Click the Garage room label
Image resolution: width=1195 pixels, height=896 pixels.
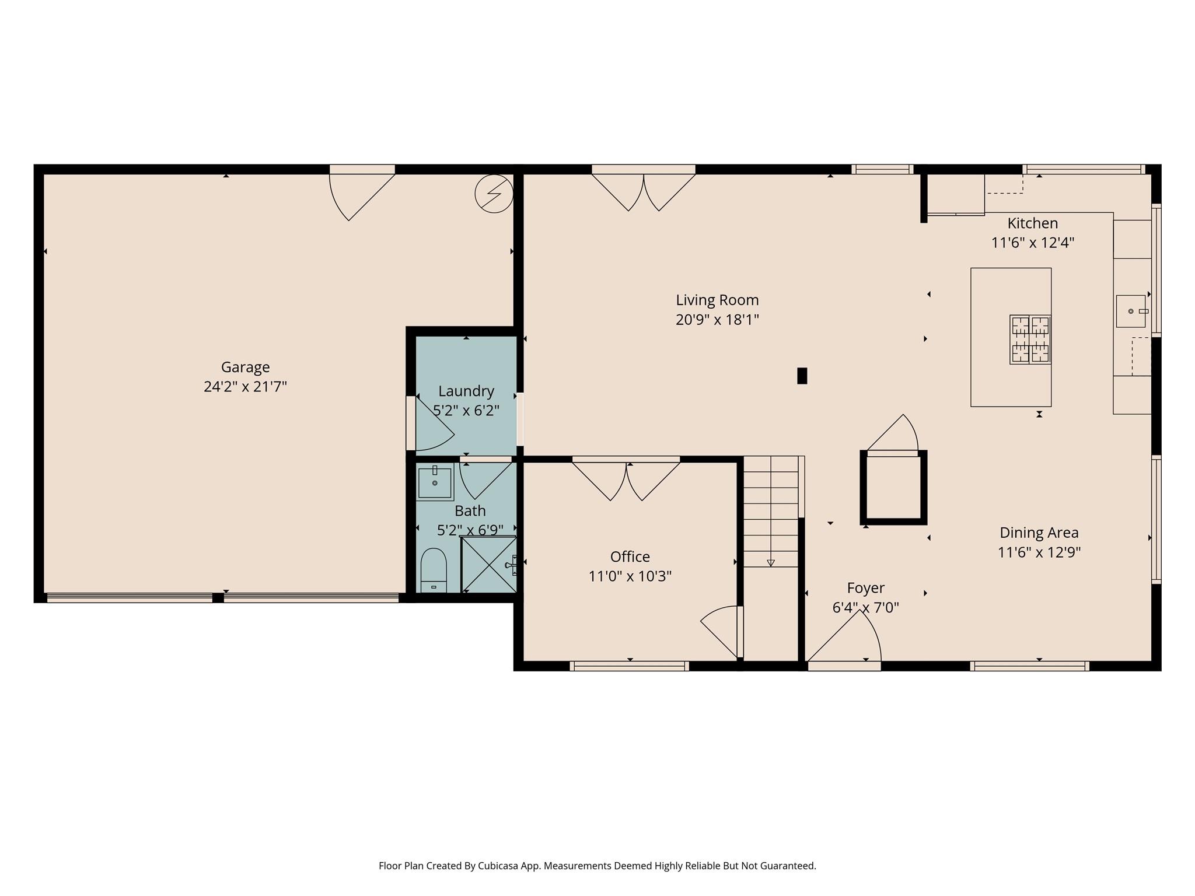(245, 367)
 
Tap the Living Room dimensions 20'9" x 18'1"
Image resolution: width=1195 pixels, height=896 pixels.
(717, 320)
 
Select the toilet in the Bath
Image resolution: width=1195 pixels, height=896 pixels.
(434, 569)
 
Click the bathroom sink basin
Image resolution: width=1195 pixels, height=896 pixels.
(435, 483)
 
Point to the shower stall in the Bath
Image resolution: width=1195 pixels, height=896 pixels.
(488, 564)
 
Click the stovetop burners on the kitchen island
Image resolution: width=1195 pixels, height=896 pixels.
(1030, 339)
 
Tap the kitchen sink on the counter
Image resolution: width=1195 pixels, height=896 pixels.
(1131, 311)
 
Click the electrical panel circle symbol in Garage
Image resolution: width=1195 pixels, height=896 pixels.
(494, 193)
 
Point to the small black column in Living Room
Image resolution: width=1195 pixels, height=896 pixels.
(802, 376)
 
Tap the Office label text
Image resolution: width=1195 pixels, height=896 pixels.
(630, 556)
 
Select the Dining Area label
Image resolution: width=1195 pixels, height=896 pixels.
(1039, 533)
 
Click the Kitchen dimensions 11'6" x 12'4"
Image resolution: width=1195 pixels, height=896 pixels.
(1032, 243)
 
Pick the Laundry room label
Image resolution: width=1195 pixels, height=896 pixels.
(466, 391)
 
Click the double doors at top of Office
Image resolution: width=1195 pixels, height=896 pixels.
(626, 480)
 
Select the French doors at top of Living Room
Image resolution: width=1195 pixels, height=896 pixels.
(644, 190)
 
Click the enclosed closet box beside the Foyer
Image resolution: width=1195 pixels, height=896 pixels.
(893, 488)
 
